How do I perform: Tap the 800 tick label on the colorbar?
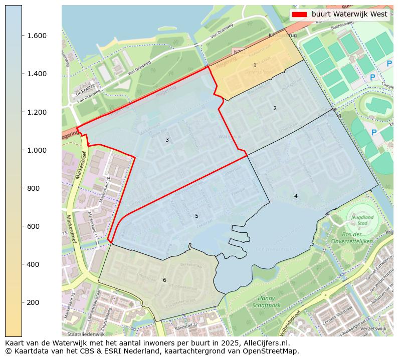34,188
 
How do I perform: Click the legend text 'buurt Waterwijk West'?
349,15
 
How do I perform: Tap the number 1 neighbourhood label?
255,66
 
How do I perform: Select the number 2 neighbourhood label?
275,108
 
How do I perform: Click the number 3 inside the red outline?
167,140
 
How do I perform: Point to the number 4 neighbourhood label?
296,196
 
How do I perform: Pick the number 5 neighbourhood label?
196,216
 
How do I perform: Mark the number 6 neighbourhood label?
164,280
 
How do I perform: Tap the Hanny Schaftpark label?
266,301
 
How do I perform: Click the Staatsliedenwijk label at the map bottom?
86,333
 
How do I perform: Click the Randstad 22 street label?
186,324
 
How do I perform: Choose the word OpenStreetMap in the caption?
272,351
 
